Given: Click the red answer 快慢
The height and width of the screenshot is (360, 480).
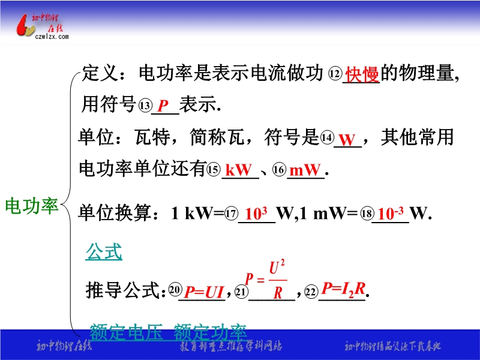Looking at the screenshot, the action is [362, 74].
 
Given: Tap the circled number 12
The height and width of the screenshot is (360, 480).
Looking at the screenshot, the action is [335, 74].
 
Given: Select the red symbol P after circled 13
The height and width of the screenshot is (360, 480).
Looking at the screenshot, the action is [163, 106].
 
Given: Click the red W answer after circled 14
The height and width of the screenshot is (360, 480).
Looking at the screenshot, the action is [347, 140].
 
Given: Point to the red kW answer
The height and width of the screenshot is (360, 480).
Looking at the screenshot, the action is [239, 170].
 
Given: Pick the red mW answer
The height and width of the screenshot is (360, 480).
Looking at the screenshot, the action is [305, 170].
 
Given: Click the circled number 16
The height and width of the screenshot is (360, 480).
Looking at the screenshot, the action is [279, 169].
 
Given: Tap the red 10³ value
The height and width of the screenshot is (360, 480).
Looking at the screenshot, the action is [256, 213].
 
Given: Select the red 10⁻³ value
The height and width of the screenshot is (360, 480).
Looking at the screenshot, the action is [391, 213].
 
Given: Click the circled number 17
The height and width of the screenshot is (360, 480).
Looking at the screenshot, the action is [231, 213].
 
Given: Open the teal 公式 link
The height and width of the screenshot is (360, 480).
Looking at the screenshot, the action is [104, 252].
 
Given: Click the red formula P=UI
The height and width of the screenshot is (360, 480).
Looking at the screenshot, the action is [204, 292].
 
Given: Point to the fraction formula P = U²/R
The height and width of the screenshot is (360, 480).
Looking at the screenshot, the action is [266, 279].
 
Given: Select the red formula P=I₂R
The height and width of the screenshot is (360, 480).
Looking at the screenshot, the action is [343, 289].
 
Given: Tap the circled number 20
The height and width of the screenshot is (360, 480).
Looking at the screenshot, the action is [175, 290].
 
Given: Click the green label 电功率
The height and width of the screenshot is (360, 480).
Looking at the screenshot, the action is [32, 205].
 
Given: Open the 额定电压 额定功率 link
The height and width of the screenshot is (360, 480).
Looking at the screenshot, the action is [168, 332].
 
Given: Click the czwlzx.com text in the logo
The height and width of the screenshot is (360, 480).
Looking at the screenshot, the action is [52, 37].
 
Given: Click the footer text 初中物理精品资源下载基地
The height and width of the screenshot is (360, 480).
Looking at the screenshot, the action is [392, 346].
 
